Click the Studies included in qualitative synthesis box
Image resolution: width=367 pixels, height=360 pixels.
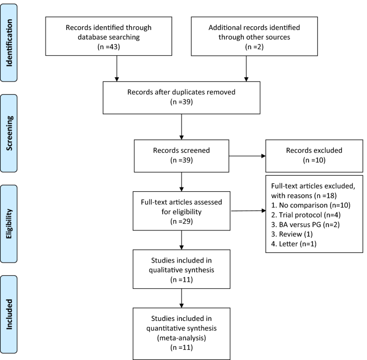(182, 270)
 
